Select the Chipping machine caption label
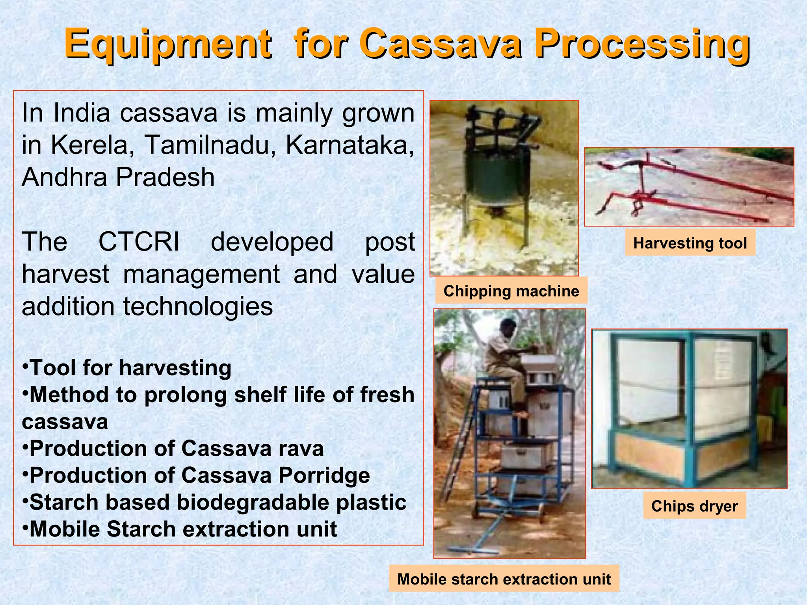click(511, 291)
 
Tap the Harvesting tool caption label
click(690, 243)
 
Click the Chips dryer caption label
click(694, 506)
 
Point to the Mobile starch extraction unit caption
click(504, 579)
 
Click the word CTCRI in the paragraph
click(139, 241)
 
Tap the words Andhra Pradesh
click(118, 177)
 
